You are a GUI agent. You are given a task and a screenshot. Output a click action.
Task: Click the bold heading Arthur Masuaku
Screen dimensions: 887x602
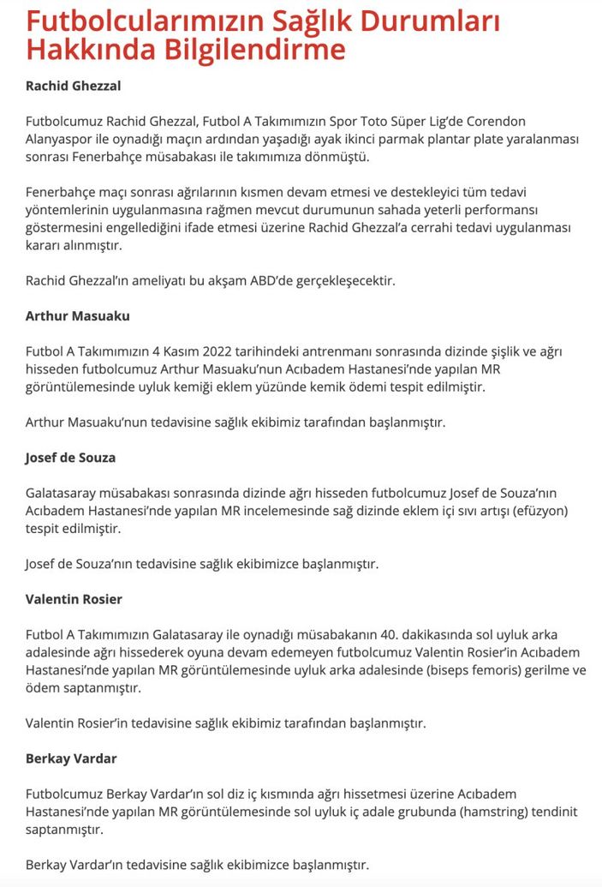(x=78, y=315)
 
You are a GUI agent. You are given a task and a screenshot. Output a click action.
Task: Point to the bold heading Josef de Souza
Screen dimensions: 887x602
(x=70, y=458)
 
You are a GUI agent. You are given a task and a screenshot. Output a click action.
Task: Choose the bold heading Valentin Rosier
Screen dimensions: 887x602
(x=74, y=599)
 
